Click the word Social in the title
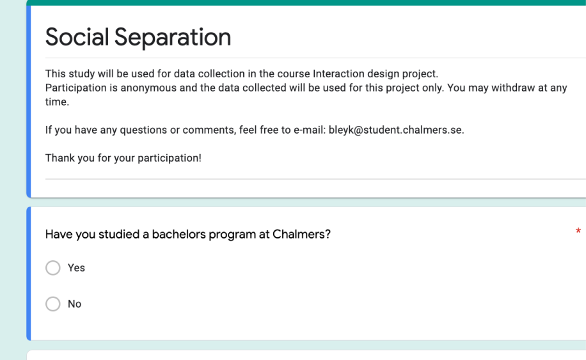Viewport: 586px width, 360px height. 77,37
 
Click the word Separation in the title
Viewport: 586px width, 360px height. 173,37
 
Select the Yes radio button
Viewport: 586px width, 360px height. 53,268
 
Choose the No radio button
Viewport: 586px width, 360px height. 53,304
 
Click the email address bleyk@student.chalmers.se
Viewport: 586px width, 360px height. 396,130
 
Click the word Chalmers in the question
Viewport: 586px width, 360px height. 301,234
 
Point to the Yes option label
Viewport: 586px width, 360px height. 76,268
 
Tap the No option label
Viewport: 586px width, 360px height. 74,304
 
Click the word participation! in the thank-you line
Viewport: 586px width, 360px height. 170,159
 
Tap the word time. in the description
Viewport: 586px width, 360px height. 57,102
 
